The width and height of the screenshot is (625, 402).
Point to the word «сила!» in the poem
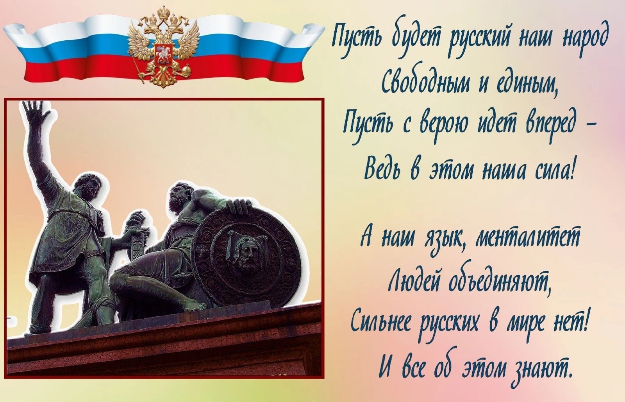tap(549, 170)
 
